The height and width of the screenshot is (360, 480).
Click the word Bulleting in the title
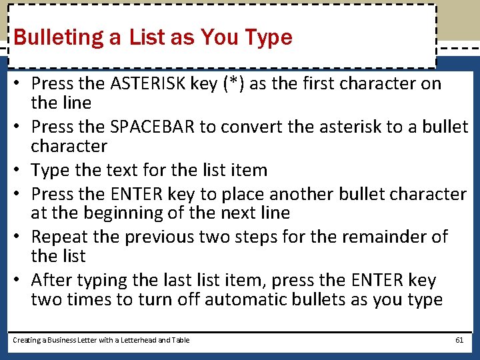pyautogui.click(x=65, y=37)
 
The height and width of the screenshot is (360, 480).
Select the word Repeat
pyautogui.click(x=59, y=237)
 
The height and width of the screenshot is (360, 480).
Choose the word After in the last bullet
pyautogui.click(x=49, y=280)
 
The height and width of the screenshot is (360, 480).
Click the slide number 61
pyautogui.click(x=459, y=340)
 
